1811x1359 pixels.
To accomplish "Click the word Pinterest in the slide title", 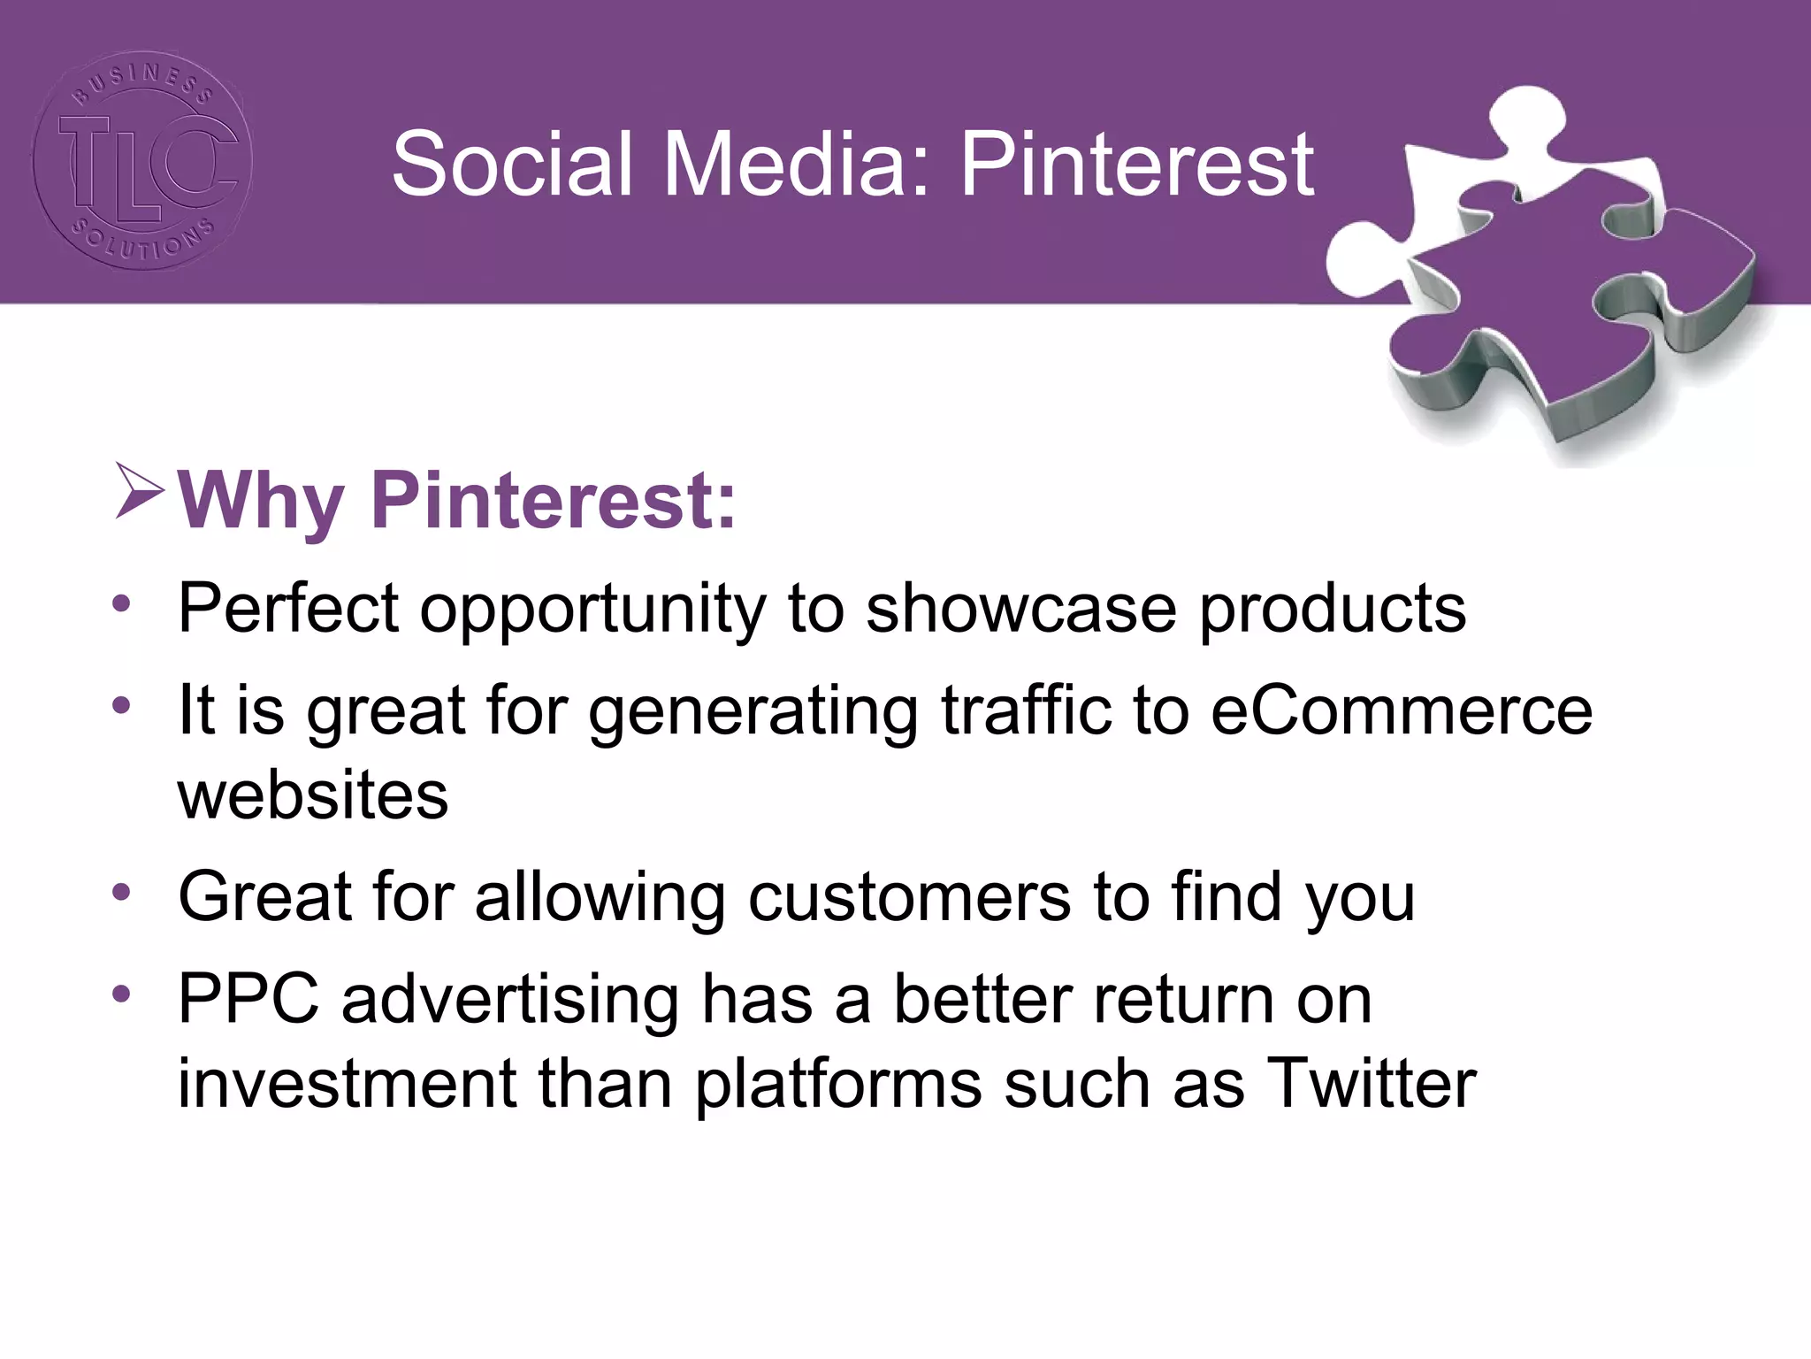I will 1137,165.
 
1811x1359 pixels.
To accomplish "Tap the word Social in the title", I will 513,165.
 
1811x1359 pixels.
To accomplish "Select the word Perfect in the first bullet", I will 288,609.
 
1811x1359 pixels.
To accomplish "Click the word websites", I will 313,795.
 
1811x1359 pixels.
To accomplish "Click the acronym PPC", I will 248,999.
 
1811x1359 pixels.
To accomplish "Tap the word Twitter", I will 1372,1084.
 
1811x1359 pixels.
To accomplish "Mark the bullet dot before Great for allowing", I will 121,891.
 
